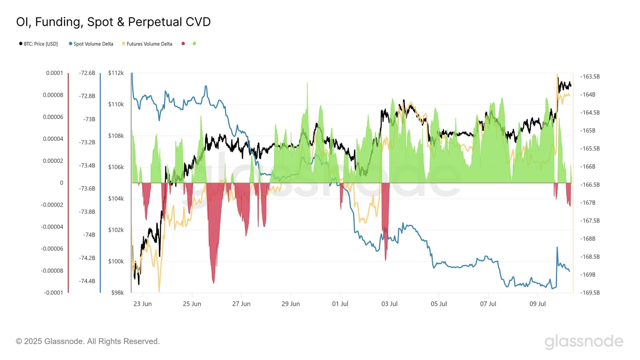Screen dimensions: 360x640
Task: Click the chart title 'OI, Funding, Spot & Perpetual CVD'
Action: click(x=113, y=22)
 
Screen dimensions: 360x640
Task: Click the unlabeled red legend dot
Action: click(x=183, y=43)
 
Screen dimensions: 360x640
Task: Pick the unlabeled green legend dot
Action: click(x=194, y=43)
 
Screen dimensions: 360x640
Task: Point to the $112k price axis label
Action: click(x=116, y=73)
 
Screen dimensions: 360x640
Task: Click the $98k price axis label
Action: click(x=117, y=292)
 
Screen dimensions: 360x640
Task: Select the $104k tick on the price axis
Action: click(x=116, y=198)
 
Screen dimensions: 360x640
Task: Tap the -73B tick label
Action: click(x=89, y=119)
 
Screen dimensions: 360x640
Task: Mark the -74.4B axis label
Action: click(x=87, y=281)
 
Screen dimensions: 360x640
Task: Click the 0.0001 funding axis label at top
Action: click(x=55, y=73)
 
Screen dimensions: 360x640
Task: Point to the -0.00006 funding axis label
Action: click(x=52, y=249)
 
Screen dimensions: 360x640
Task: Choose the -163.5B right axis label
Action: click(x=590, y=77)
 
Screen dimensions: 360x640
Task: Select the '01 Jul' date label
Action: click(x=340, y=304)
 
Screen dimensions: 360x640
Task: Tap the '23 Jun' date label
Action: click(x=142, y=304)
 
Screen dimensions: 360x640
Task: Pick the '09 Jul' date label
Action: click(x=537, y=304)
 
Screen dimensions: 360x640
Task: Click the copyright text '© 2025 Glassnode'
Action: click(x=87, y=341)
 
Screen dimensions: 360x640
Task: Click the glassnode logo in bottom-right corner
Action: click(x=584, y=341)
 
